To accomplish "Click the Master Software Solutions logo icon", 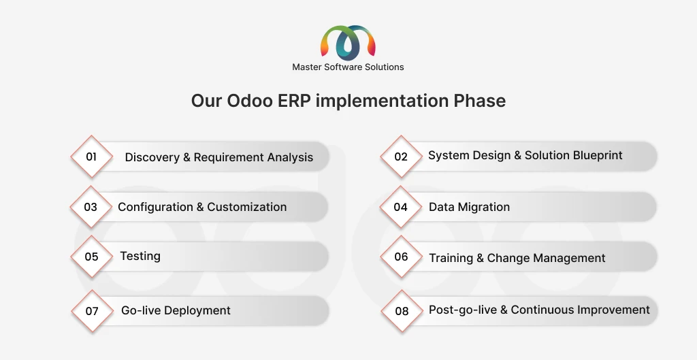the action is pos(348,43).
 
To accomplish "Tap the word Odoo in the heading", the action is pos(250,101).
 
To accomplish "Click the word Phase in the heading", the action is pos(480,101).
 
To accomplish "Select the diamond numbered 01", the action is pos(92,157).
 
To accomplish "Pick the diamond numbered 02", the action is pos(401,157).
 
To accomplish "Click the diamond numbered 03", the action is pos(91,207).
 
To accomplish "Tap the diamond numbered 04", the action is pos(400,207).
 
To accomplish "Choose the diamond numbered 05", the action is pos(92,257).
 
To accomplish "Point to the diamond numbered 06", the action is pos(401,257).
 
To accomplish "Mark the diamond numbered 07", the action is pos(92,311).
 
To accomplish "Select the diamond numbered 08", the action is pos(402,311).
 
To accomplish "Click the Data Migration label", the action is pos(470,207).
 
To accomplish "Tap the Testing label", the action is pos(140,257).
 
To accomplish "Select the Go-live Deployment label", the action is pos(176,310).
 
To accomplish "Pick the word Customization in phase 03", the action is pos(246,207).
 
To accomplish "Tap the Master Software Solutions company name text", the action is pos(348,67).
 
